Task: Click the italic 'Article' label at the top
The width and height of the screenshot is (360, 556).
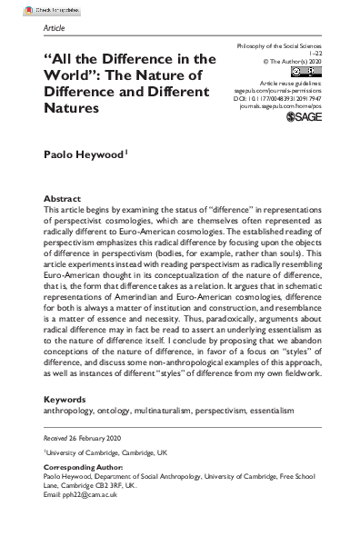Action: click(x=55, y=28)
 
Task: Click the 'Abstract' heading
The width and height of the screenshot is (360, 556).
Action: click(x=64, y=198)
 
